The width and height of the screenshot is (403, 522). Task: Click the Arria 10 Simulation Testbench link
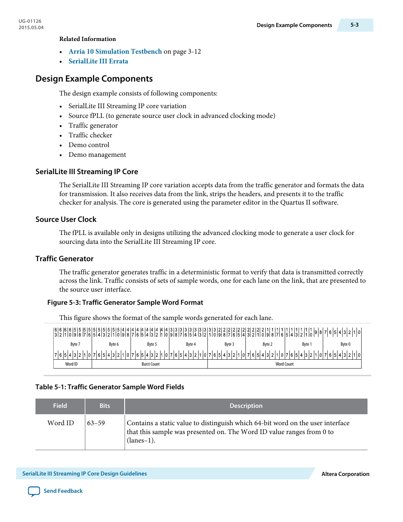pyautogui.click(x=115, y=52)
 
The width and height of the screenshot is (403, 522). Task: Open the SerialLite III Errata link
pyautogui.click(x=98, y=61)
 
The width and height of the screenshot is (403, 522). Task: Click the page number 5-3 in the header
pyautogui.click(x=354, y=25)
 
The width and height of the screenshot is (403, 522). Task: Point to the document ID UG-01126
pyautogui.click(x=30, y=21)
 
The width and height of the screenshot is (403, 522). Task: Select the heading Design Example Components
pyautogui.click(x=94, y=79)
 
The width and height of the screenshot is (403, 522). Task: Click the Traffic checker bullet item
pyautogui.click(x=90, y=135)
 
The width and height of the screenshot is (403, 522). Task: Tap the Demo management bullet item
pyautogui.click(x=97, y=155)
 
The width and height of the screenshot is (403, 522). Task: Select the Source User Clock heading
pyautogui.click(x=66, y=219)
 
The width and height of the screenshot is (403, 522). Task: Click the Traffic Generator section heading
pyautogui.click(x=64, y=259)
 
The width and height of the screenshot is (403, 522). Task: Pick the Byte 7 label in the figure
pyautogui.click(x=75, y=344)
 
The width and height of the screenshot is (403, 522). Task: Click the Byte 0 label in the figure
pyautogui.click(x=345, y=344)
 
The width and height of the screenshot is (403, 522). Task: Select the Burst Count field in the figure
pyautogui.click(x=150, y=364)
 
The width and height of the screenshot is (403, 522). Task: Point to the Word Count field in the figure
pyautogui.click(x=284, y=364)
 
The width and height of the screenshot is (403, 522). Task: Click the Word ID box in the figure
pyautogui.click(x=71, y=364)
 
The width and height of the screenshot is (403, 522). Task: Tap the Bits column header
pyautogui.click(x=105, y=406)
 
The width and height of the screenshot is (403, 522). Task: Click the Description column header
pyautogui.click(x=246, y=406)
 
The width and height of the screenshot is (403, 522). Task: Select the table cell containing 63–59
pyautogui.click(x=96, y=423)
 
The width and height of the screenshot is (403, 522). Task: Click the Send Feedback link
pyautogui.click(x=63, y=491)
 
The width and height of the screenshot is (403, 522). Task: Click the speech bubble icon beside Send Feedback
pyautogui.click(x=34, y=491)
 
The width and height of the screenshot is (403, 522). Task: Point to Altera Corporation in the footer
pyautogui.click(x=345, y=474)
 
